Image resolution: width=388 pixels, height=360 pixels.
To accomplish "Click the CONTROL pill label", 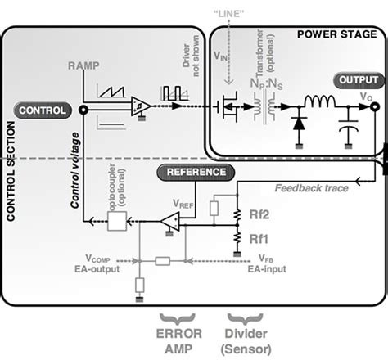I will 40,110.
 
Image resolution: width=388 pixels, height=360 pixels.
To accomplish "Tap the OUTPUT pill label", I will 359,80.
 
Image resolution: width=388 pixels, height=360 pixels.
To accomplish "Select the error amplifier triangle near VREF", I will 171,219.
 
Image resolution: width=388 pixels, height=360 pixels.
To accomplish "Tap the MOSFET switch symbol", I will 230,106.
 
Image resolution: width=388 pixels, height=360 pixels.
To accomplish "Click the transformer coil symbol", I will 262,106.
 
